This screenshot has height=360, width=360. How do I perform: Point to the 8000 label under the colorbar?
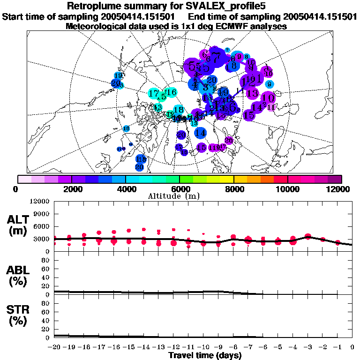click(233, 189)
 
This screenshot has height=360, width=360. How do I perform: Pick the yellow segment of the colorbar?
click(227, 179)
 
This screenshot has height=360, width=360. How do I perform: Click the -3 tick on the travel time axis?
click(307, 347)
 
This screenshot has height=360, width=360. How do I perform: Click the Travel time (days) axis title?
click(205, 356)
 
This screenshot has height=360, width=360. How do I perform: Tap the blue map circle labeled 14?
click(201, 133)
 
